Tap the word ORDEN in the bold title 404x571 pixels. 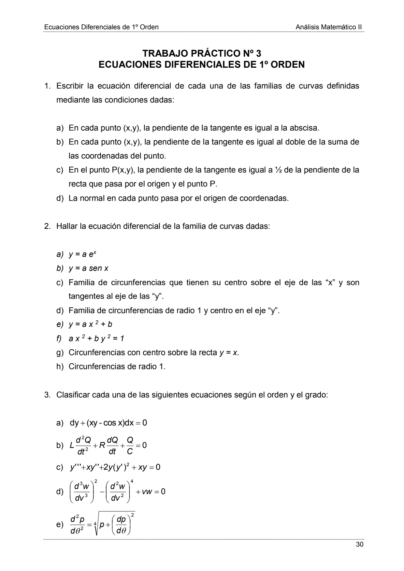click(288, 64)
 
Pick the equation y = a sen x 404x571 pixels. click(88, 268)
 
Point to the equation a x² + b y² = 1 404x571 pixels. click(96, 339)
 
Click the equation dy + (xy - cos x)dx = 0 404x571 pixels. click(108, 423)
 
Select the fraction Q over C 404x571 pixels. click(130, 445)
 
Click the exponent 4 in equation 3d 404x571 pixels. click(132, 481)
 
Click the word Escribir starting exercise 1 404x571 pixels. click(69, 86)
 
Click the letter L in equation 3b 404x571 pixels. click(72, 445)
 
